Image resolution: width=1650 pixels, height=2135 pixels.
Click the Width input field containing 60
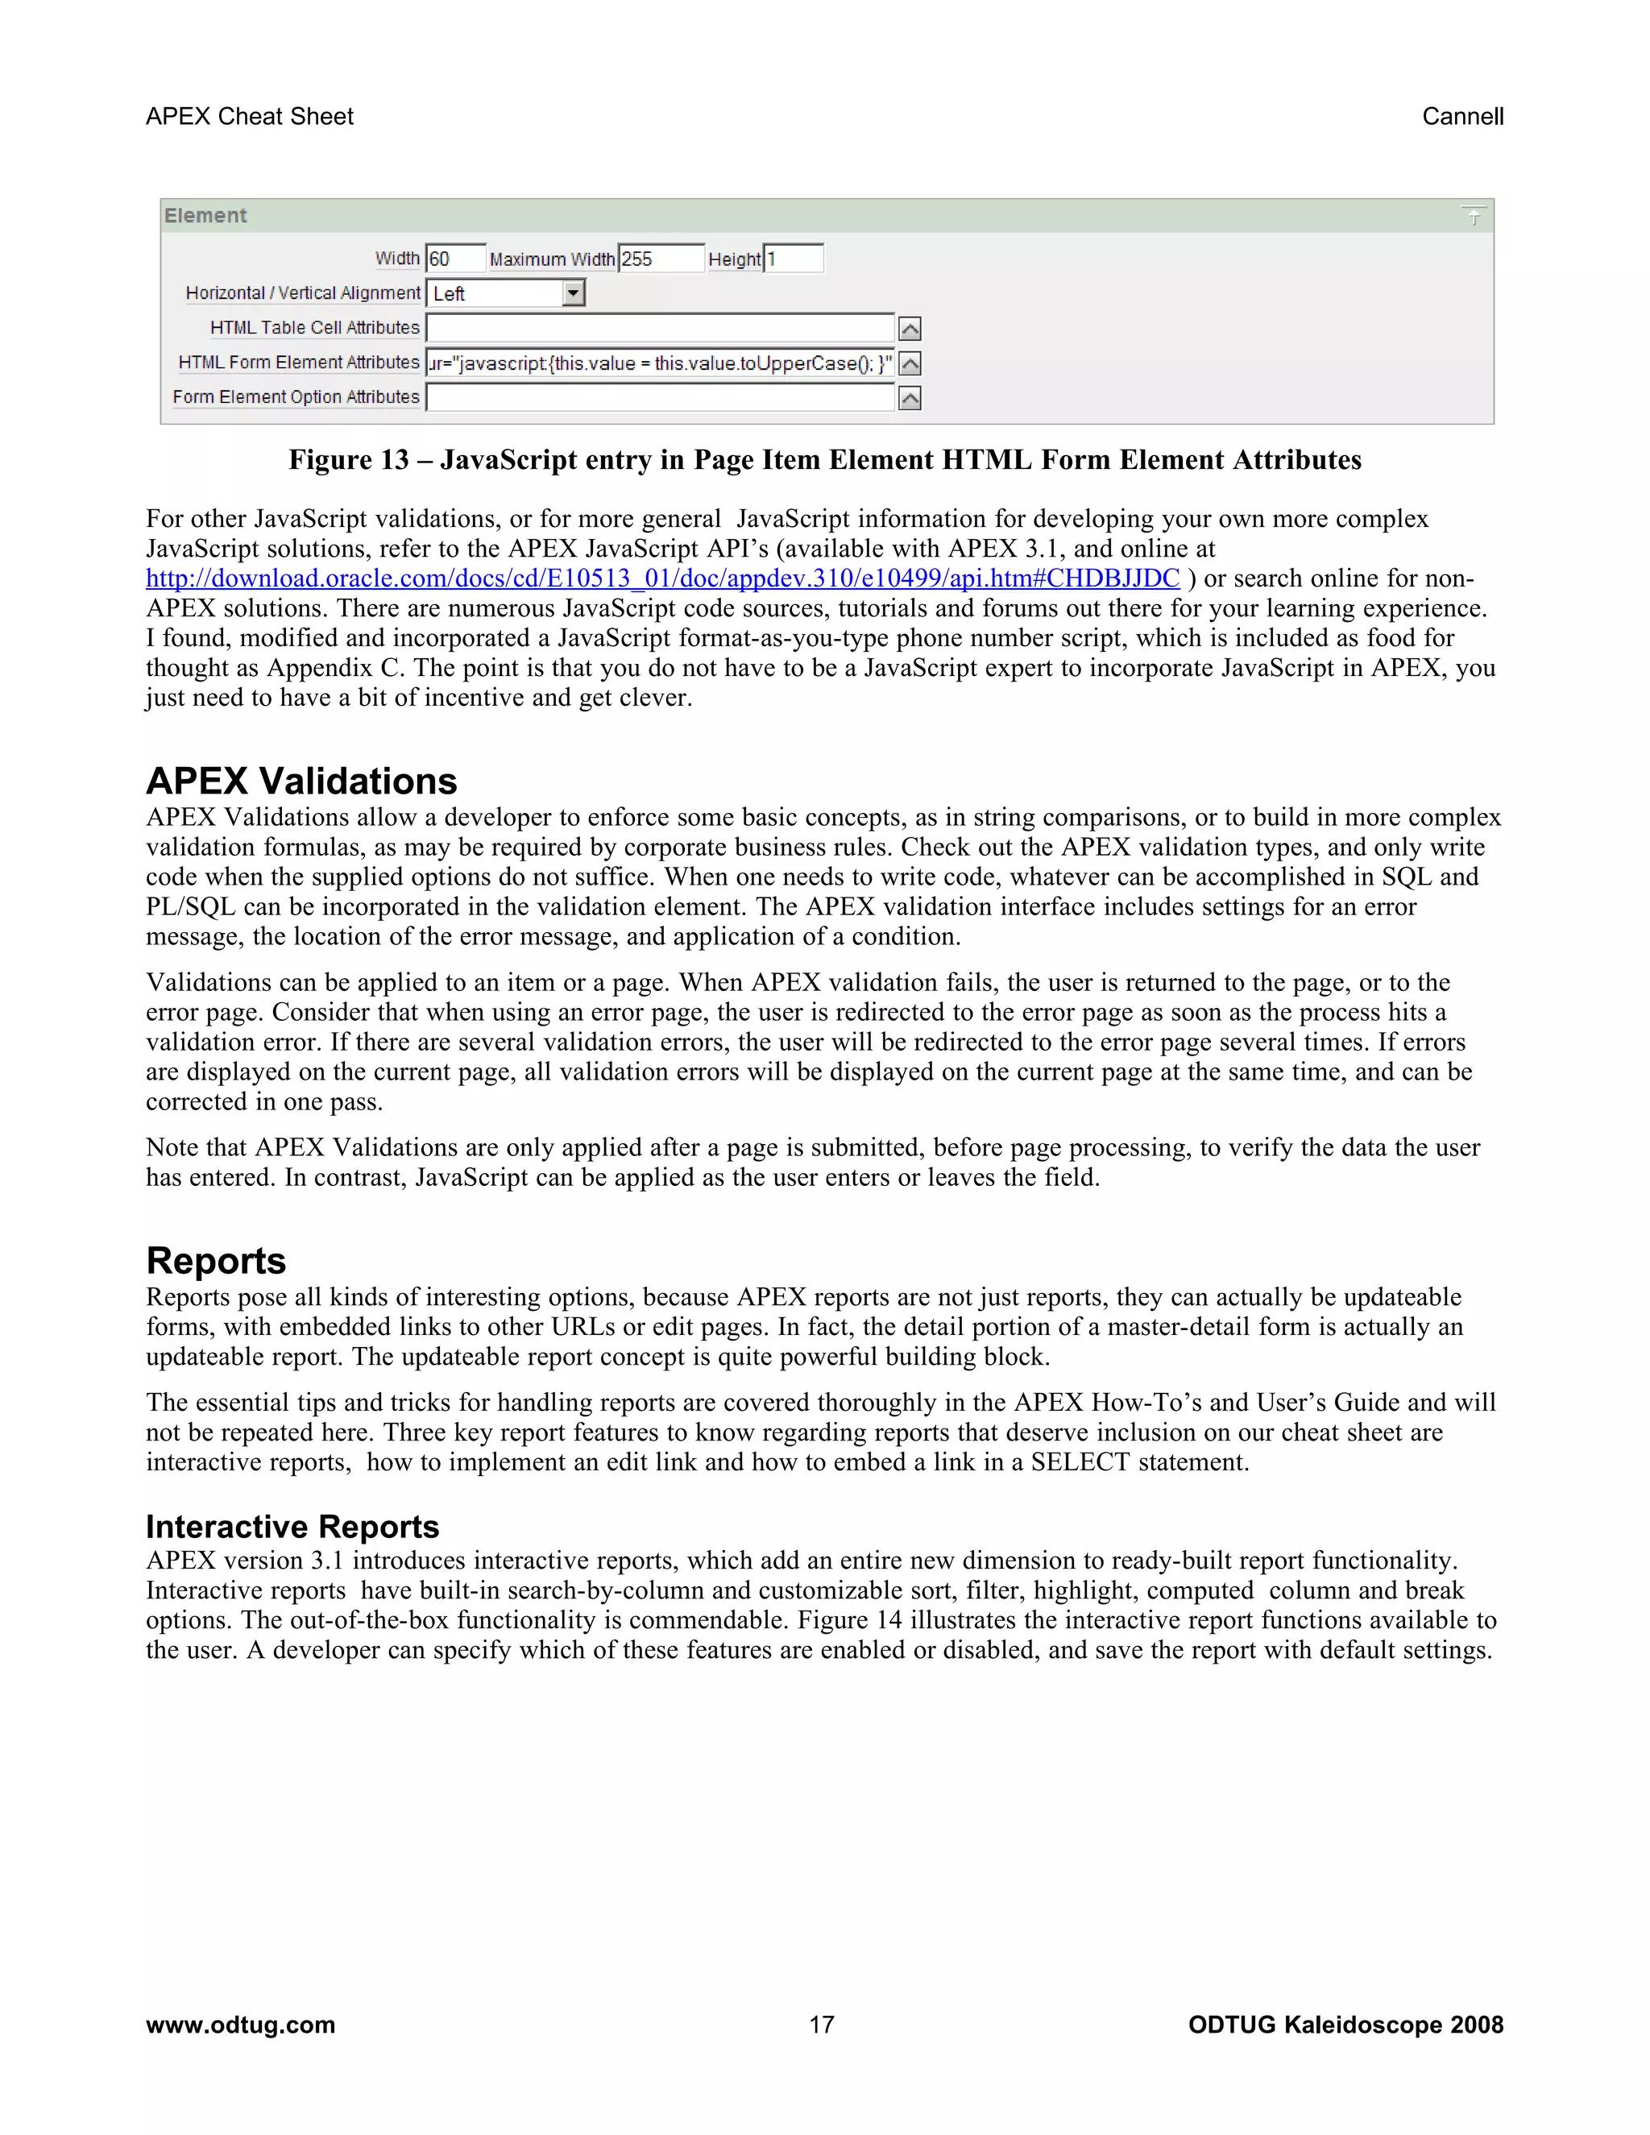tap(455, 259)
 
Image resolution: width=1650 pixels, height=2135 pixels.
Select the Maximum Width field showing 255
tap(661, 259)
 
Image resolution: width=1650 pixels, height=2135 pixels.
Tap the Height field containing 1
tap(793, 259)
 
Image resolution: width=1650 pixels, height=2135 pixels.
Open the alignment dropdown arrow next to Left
tap(574, 293)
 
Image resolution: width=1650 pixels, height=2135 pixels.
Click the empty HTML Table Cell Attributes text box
tap(660, 329)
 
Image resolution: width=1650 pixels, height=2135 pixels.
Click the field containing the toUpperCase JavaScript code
tap(660, 363)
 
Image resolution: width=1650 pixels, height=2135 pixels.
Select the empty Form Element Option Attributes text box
tap(660, 398)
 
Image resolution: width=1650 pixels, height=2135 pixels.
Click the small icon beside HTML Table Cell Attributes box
tap(910, 330)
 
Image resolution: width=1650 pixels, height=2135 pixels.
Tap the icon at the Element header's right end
tap(1473, 216)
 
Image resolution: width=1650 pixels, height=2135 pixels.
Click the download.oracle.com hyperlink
tap(663, 578)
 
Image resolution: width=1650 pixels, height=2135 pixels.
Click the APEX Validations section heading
tap(301, 781)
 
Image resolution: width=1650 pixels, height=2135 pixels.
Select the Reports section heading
tap(216, 1261)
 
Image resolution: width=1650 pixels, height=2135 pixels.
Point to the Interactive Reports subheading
tap(292, 1527)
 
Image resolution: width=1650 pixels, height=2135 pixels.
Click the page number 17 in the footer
tap(822, 2025)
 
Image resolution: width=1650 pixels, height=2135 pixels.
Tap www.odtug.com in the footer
tap(240, 2025)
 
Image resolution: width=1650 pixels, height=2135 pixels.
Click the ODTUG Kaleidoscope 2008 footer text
tap(1345, 2025)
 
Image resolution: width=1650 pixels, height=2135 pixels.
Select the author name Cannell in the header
tap(1462, 116)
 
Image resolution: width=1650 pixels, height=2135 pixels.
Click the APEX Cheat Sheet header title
tap(249, 116)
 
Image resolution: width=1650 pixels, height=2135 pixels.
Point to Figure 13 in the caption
tap(349, 460)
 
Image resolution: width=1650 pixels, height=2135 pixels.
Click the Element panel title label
tap(205, 216)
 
